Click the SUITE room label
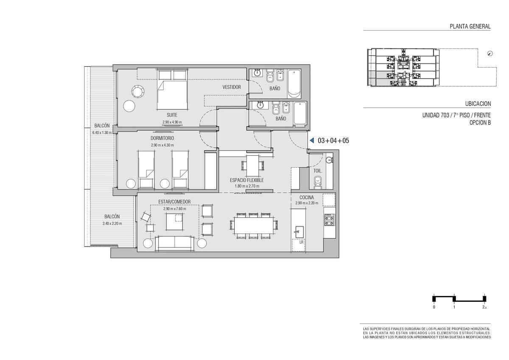pyautogui.click(x=172, y=115)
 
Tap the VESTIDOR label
pyautogui.click(x=232, y=87)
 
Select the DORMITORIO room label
pyautogui.click(x=162, y=138)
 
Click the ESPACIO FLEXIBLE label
pyautogui.click(x=247, y=180)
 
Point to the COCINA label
pyautogui.click(x=307, y=197)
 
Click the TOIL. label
pyautogui.click(x=318, y=171)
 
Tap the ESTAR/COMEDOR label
pyautogui.click(x=174, y=202)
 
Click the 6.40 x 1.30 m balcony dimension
pyautogui.click(x=102, y=132)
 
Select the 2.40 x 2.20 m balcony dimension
pyautogui.click(x=112, y=223)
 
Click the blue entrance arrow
pyautogui.click(x=312, y=141)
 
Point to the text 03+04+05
pyautogui.click(x=333, y=141)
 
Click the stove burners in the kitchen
pyautogui.click(x=329, y=219)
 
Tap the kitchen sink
pyautogui.click(x=299, y=232)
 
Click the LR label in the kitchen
pyautogui.click(x=301, y=242)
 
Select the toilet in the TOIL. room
pyautogui.click(x=318, y=183)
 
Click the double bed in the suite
pyautogui.click(x=172, y=90)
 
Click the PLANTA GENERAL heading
pyautogui.click(x=470, y=26)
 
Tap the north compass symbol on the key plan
pyautogui.click(x=490, y=53)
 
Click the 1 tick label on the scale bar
pyautogui.click(x=454, y=307)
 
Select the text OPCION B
pyautogui.click(x=480, y=123)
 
